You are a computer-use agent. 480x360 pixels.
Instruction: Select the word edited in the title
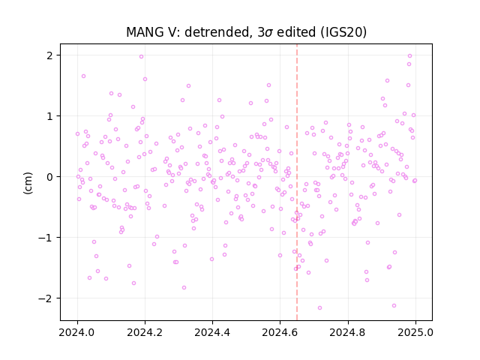[296, 32]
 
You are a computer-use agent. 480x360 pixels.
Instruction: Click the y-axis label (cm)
[28, 183]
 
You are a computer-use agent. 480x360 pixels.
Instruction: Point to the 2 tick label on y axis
[49, 55]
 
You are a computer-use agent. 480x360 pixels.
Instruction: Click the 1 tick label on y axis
[49, 116]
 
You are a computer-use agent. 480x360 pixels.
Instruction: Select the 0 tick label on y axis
[49, 177]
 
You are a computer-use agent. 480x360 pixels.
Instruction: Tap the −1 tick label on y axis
[46, 238]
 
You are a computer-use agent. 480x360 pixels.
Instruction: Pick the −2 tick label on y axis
[46, 298]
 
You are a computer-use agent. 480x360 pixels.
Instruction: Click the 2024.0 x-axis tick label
[77, 332]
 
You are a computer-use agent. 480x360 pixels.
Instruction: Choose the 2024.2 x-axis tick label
[145, 332]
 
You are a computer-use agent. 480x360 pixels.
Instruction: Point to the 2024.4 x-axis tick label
[212, 332]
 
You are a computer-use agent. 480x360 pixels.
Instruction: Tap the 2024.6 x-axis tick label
[280, 332]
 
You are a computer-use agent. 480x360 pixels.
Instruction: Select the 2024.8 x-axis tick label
[348, 332]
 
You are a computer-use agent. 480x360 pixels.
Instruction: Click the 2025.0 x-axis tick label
[415, 332]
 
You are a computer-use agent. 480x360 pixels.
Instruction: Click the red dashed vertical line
[297, 182]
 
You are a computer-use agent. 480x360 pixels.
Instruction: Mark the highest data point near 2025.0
[410, 56]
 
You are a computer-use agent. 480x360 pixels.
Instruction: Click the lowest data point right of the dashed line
[320, 308]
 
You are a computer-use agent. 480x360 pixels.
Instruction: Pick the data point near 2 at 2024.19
[142, 57]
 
